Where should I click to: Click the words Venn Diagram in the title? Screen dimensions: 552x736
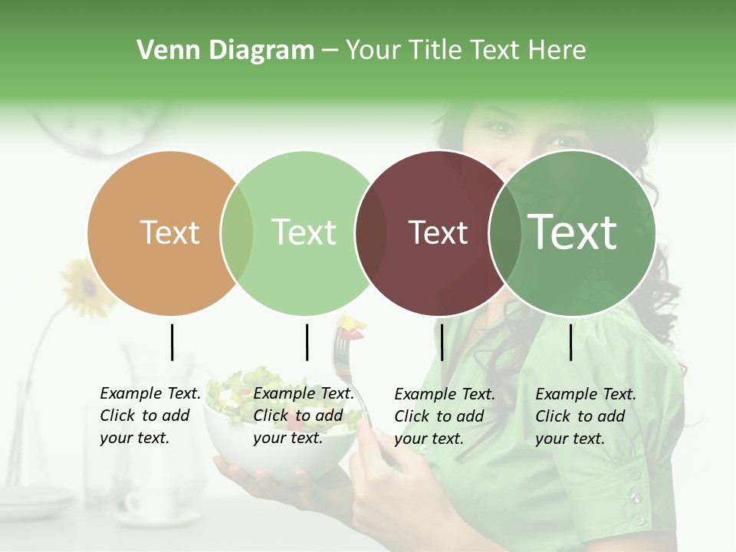click(225, 51)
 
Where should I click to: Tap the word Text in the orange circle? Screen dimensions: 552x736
click(169, 232)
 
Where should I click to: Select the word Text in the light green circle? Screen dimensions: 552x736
click(304, 232)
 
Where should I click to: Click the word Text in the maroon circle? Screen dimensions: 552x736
click(438, 232)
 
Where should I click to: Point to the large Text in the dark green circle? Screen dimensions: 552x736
click(572, 232)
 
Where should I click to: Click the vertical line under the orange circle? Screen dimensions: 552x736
click(172, 342)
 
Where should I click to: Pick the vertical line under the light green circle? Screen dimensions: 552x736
click(307, 342)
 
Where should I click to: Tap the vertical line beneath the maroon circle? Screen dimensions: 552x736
click(442, 342)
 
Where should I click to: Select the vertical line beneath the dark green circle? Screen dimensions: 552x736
click(570, 342)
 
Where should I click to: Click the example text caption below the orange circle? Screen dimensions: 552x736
click(149, 416)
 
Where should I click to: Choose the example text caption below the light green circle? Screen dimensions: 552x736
click(303, 416)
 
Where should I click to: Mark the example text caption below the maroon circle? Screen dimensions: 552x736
click(444, 416)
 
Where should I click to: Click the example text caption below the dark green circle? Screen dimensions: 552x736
click(585, 416)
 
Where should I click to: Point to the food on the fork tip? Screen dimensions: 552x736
click(351, 326)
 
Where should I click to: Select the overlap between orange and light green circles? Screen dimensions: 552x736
click(237, 233)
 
